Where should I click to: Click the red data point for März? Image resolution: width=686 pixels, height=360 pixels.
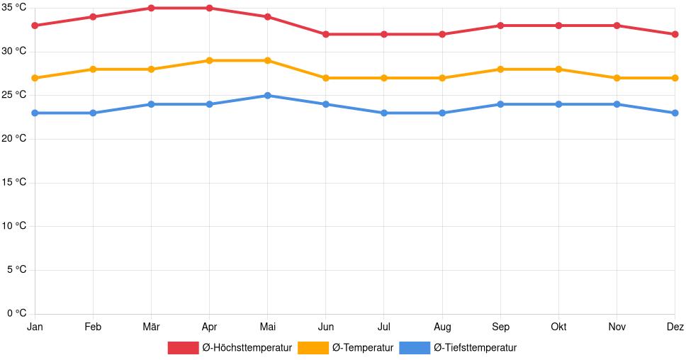click(x=151, y=8)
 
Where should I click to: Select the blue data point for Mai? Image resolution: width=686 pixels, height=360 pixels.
click(x=267, y=96)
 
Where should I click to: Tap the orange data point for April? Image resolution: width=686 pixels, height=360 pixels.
click(x=209, y=60)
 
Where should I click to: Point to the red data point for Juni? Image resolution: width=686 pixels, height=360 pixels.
click(x=325, y=34)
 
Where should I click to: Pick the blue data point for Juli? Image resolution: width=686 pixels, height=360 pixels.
click(x=383, y=113)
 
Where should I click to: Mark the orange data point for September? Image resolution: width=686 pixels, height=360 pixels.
click(x=500, y=69)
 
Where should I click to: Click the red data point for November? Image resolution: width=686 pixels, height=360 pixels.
click(x=617, y=26)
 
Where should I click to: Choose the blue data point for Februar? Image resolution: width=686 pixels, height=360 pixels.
click(x=93, y=113)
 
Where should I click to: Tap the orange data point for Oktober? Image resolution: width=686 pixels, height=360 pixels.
click(x=558, y=69)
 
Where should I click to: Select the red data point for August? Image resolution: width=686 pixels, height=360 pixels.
click(x=442, y=34)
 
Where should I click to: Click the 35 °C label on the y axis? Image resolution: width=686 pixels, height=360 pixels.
click(x=13, y=8)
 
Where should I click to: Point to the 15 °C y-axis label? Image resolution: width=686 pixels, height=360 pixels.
click(x=13, y=183)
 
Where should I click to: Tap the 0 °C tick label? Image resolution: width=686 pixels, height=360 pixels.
click(x=16, y=314)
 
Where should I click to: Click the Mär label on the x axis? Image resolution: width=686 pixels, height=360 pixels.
click(x=151, y=327)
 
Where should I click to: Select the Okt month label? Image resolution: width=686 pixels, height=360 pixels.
click(x=558, y=327)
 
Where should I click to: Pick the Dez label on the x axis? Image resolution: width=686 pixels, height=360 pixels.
click(x=675, y=327)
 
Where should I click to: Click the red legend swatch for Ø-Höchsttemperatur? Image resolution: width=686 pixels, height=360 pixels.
click(x=183, y=348)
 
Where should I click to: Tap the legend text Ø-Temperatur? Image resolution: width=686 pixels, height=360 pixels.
click(x=362, y=348)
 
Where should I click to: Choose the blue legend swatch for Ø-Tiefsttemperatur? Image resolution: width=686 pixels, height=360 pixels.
click(x=415, y=348)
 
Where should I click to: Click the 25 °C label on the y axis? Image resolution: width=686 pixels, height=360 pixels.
click(x=13, y=95)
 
